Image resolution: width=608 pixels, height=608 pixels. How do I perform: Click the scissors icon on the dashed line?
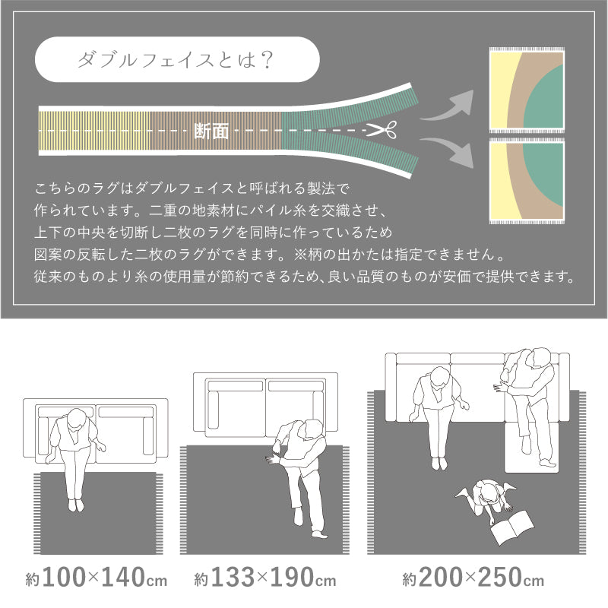point(382,130)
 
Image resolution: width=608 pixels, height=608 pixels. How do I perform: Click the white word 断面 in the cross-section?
point(211,131)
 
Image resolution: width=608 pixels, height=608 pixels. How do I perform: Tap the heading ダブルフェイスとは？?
point(176,60)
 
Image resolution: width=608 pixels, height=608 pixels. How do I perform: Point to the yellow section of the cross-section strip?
point(94,131)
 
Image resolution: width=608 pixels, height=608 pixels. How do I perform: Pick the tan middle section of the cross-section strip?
point(216,131)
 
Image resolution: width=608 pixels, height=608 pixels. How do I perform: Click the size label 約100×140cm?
point(97,578)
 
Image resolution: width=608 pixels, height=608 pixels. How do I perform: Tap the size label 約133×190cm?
point(265,578)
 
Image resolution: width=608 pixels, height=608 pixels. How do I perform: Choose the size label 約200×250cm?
point(473,578)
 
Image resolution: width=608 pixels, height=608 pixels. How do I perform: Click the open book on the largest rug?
point(512,527)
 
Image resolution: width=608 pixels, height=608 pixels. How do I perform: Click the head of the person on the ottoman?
point(541,358)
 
